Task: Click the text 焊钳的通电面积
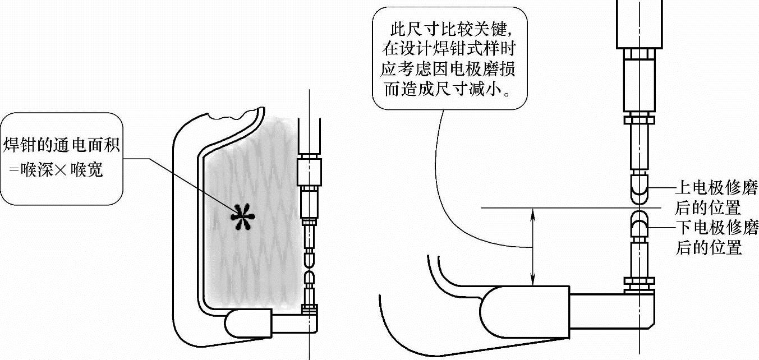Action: tap(62, 145)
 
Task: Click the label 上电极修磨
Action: tap(717, 188)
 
